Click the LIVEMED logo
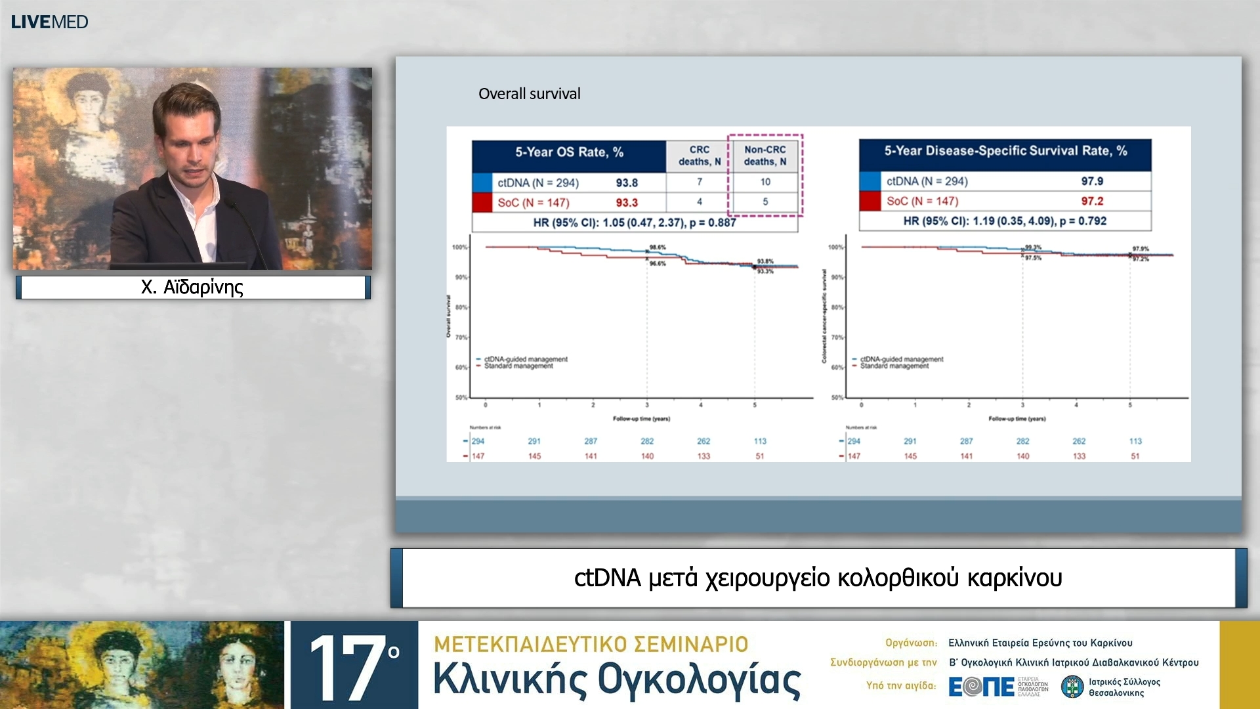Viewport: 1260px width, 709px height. (x=49, y=22)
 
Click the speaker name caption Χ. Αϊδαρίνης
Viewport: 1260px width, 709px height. (x=192, y=287)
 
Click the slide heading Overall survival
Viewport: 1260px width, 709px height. (x=529, y=94)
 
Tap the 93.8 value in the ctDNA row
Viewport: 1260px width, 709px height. (x=626, y=183)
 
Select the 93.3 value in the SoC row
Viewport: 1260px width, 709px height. (x=626, y=202)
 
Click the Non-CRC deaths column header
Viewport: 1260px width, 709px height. (x=765, y=156)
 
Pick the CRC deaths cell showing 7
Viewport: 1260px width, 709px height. (x=699, y=182)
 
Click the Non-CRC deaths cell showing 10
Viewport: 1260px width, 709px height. (x=765, y=182)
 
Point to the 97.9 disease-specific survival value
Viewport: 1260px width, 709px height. (x=1092, y=181)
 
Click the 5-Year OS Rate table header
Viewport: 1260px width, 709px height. (x=569, y=152)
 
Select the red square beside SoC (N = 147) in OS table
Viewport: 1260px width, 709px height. (x=482, y=202)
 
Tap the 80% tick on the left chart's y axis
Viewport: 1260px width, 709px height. (x=461, y=307)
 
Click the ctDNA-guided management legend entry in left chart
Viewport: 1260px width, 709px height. (x=525, y=359)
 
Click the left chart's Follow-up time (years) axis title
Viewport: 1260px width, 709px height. (x=641, y=419)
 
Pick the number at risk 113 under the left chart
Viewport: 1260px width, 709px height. (x=760, y=441)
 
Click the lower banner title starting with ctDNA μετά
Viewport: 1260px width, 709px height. (x=818, y=578)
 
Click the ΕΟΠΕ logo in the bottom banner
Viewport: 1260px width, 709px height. (x=982, y=687)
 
